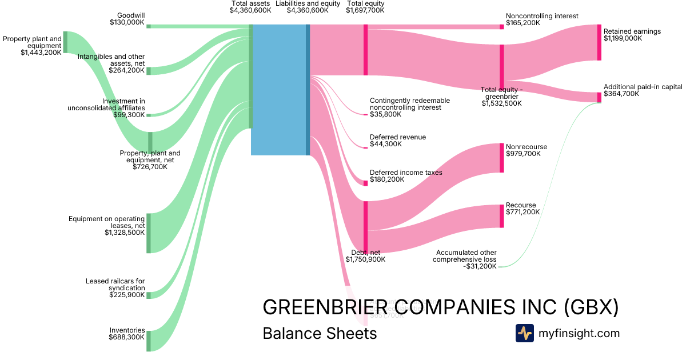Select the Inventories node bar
point(149,341)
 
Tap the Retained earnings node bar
point(599,42)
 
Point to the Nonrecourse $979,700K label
point(527,150)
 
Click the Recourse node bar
point(502,215)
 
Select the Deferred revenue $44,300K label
point(397,141)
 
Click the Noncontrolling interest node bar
point(502,26)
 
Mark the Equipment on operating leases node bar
point(149,233)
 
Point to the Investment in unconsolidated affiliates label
point(106,107)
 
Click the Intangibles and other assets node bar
point(149,71)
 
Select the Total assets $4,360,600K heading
point(250,7)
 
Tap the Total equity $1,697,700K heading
point(365,7)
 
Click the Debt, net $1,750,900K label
point(365,255)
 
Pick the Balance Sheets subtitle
point(320,333)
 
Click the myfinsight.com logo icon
point(524,333)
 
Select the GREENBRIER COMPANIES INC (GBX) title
point(440,307)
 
